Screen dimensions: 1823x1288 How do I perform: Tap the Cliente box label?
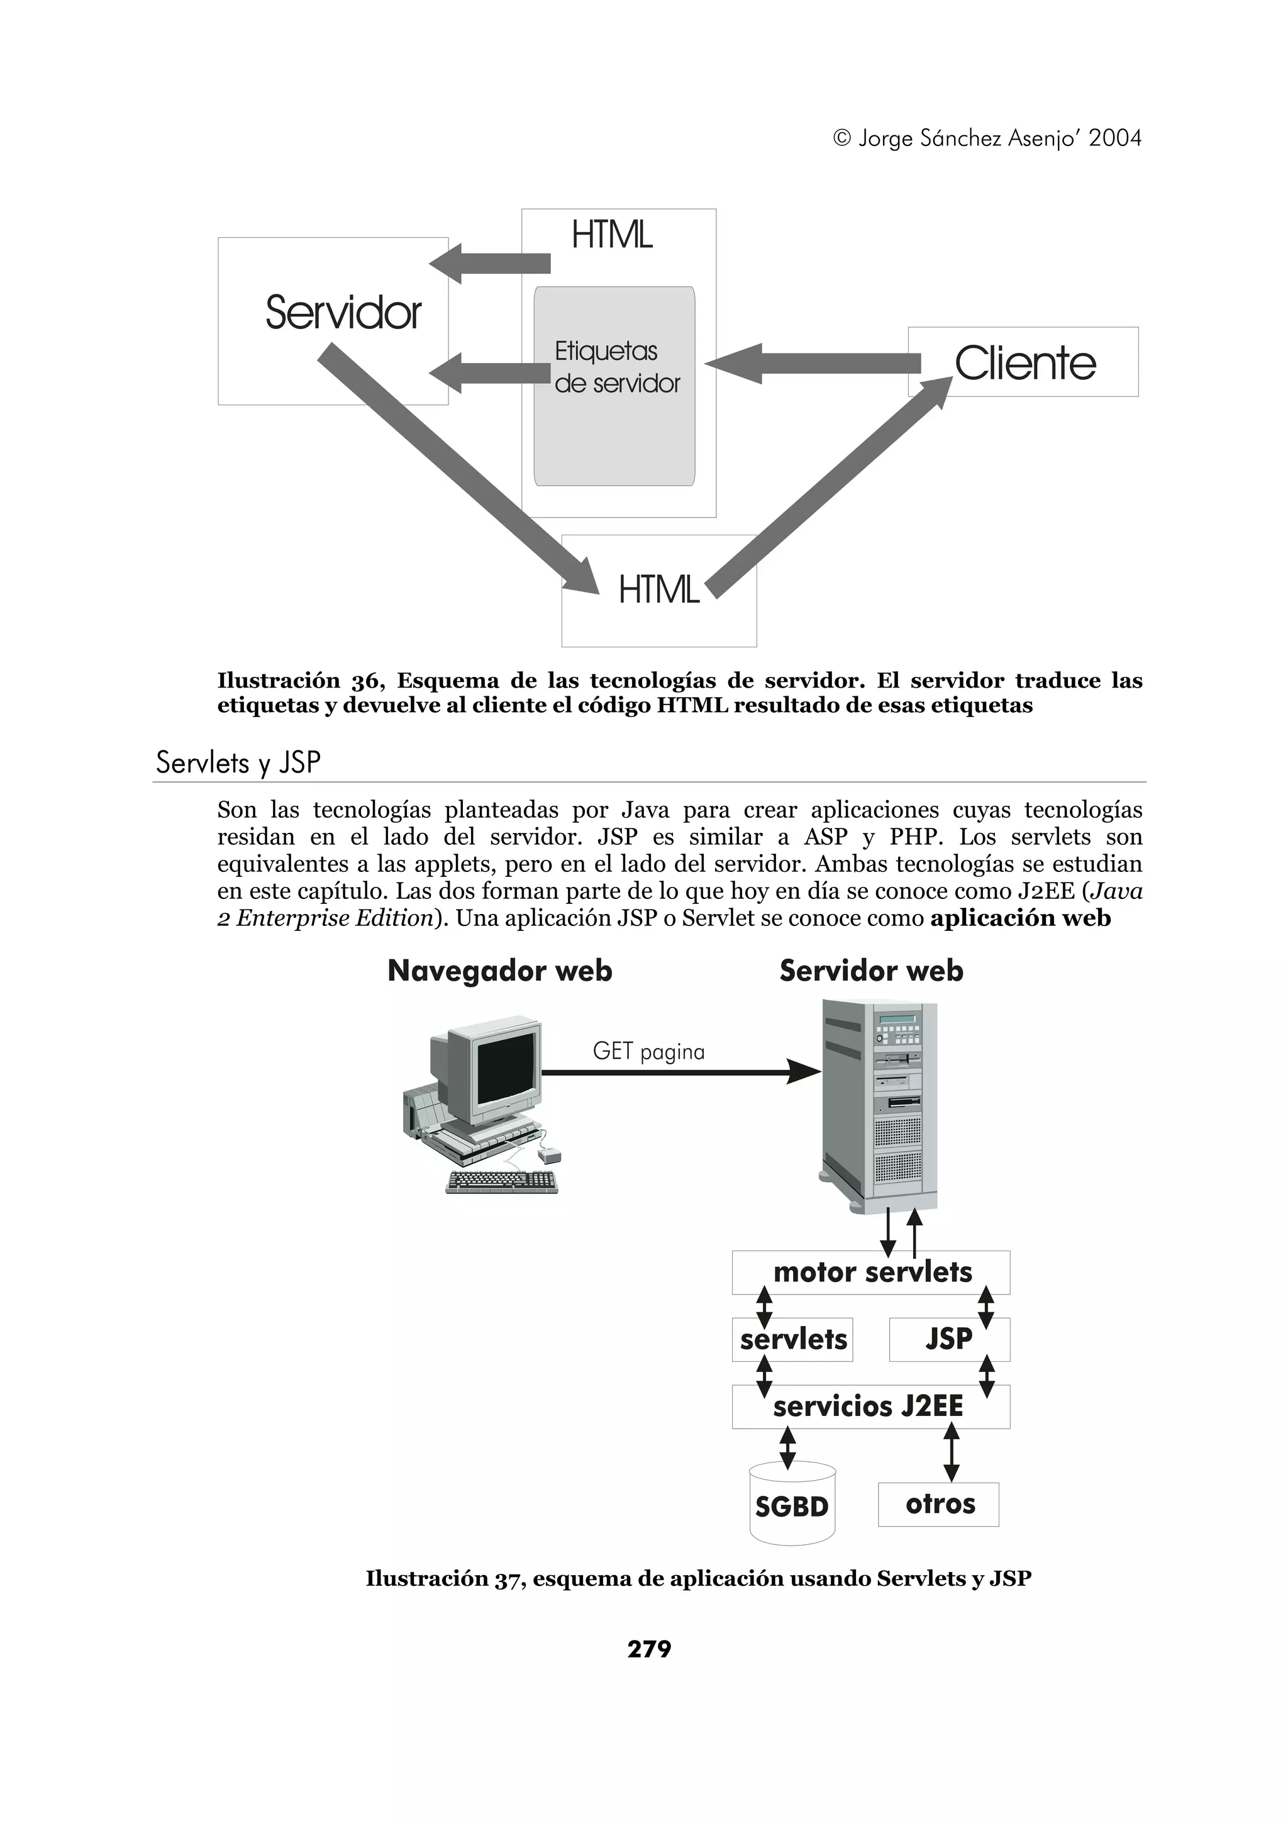1024,364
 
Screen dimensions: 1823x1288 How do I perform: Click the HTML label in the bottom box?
658,590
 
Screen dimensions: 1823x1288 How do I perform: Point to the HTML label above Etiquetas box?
612,235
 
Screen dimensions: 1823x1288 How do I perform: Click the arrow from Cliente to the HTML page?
813,364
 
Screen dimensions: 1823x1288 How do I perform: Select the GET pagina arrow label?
648,1051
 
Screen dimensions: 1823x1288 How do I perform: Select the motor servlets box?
870,1272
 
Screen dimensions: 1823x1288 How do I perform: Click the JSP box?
948,1339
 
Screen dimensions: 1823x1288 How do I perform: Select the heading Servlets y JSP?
238,762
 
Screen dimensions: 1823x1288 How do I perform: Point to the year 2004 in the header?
1114,138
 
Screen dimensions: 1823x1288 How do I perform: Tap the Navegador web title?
500,971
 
